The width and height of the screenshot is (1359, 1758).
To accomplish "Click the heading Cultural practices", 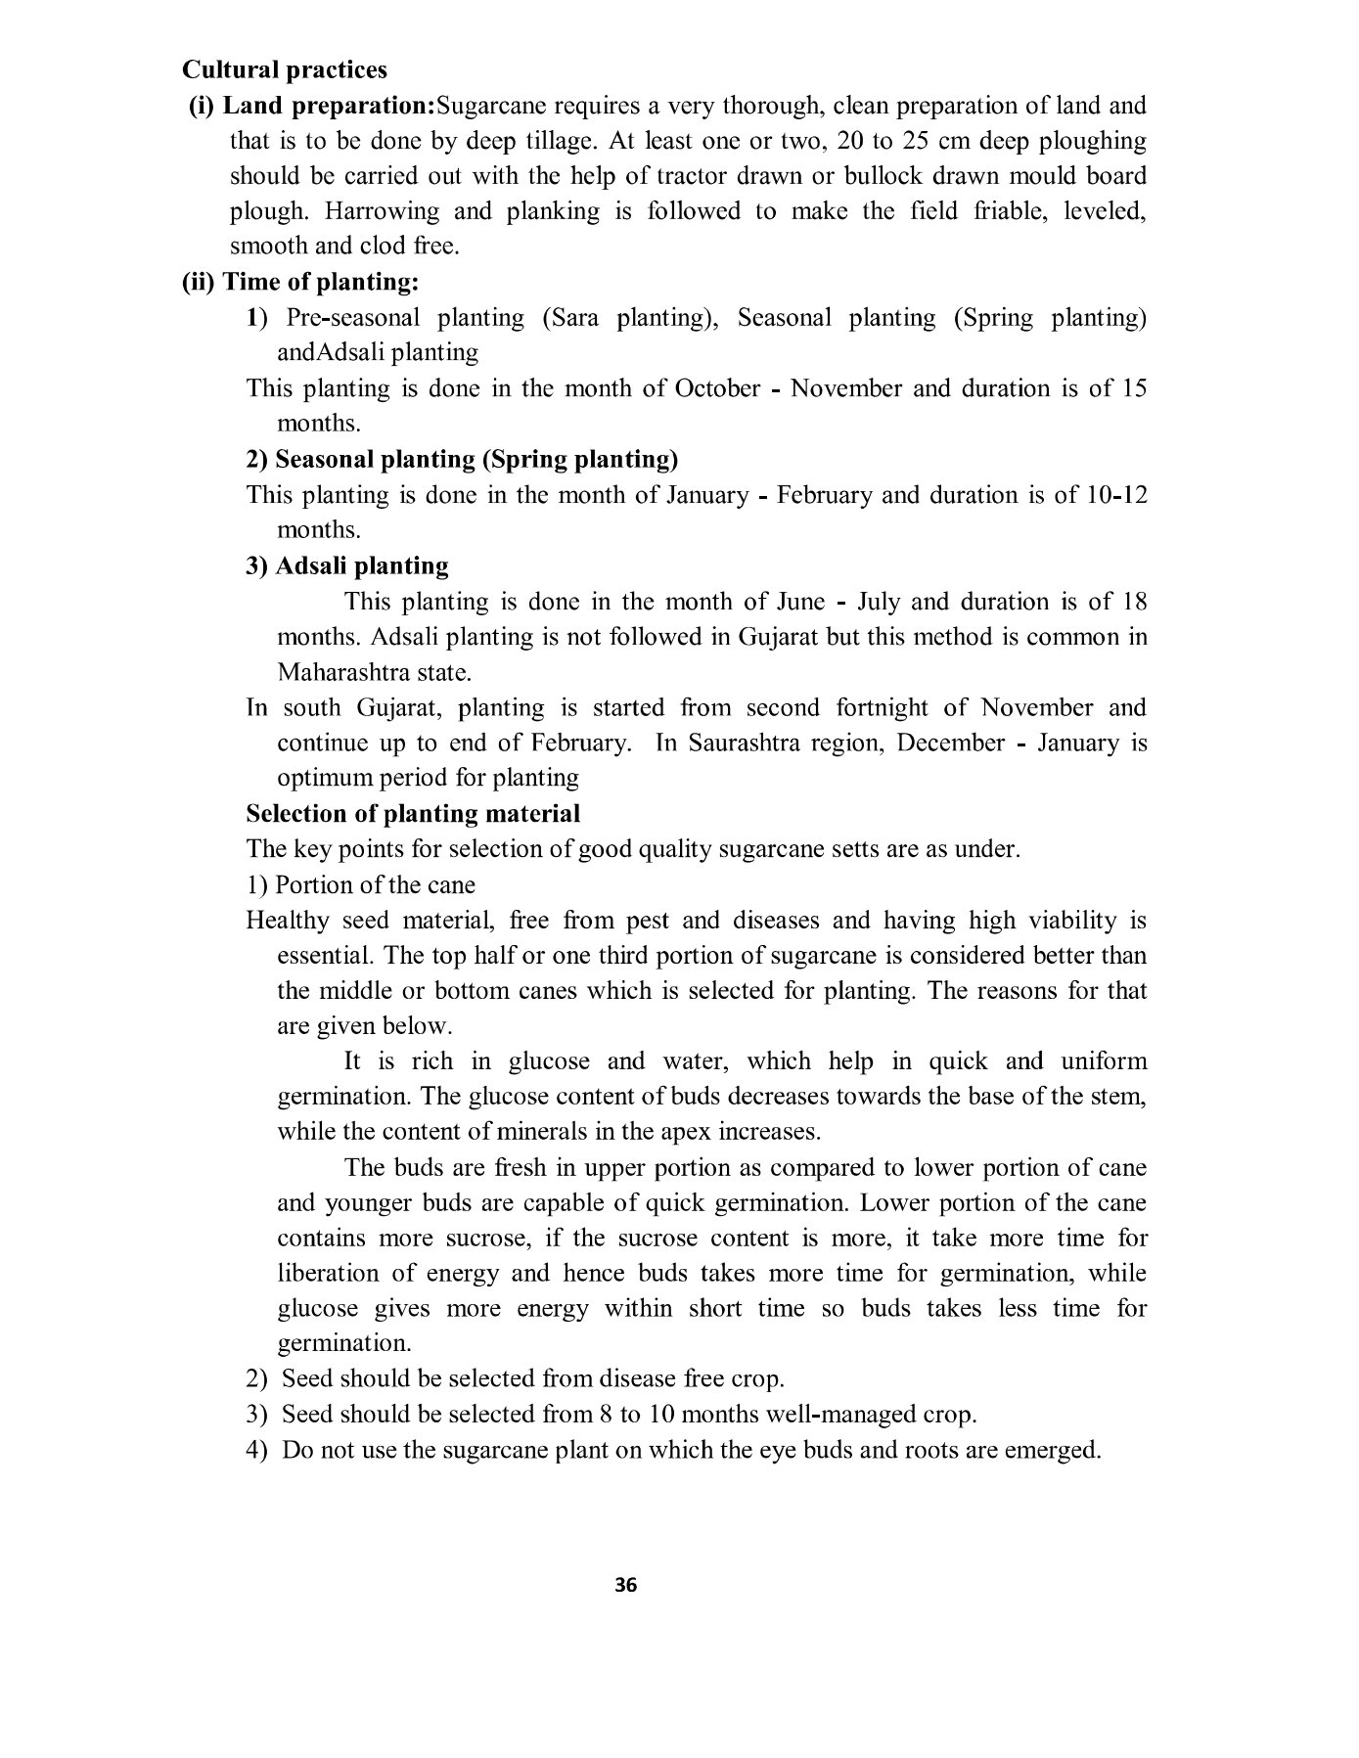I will pos(284,70).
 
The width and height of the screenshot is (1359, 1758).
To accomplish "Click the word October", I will pos(717,388).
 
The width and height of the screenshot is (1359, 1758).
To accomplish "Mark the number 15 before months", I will pos(1133,388).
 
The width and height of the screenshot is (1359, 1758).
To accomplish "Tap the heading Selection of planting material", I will pos(413,814).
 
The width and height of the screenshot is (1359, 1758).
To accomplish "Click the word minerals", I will pos(545,1132).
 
